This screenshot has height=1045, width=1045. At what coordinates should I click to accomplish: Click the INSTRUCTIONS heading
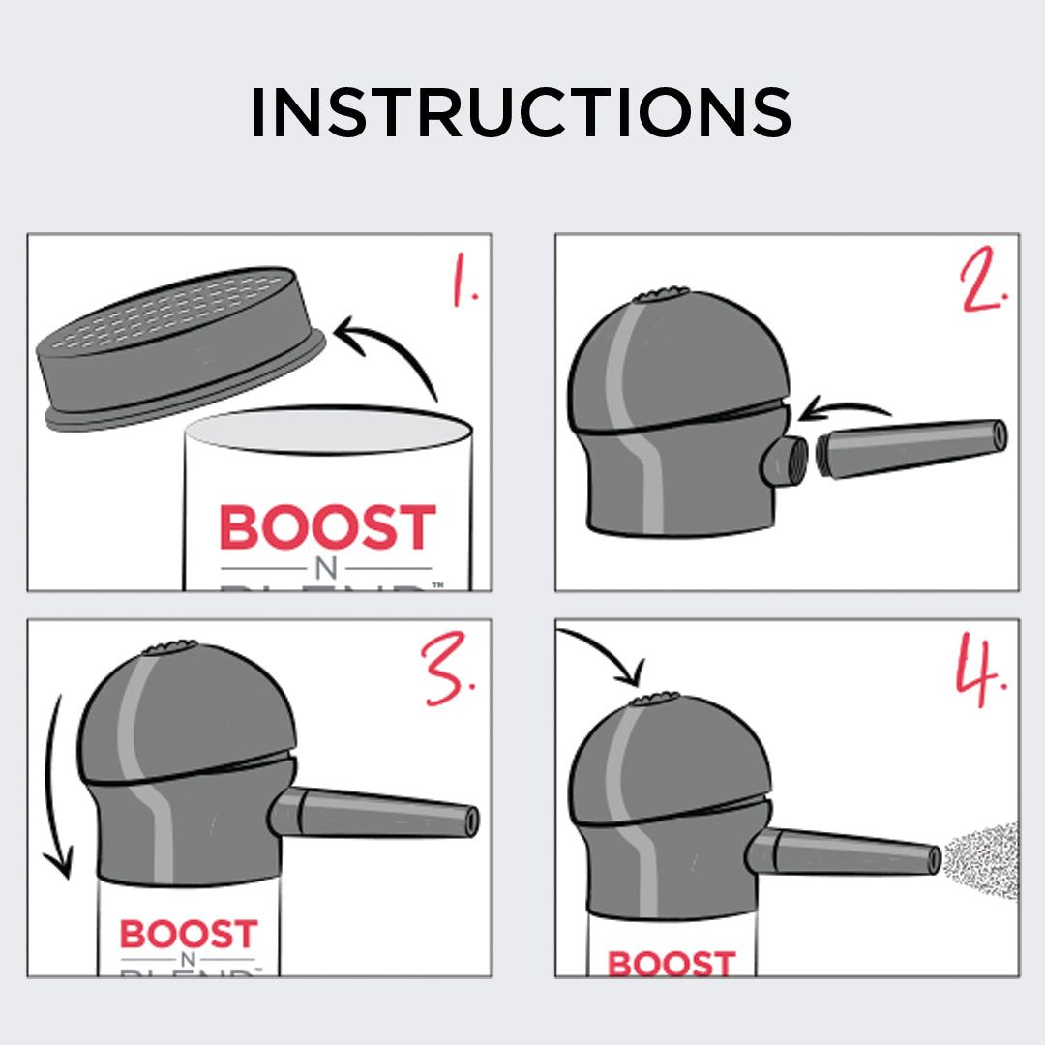(x=522, y=112)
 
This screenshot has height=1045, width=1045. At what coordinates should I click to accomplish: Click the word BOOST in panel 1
(x=327, y=528)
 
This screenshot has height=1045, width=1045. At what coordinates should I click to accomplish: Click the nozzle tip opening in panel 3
(x=472, y=820)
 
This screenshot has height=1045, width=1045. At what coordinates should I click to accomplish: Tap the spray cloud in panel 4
(x=982, y=858)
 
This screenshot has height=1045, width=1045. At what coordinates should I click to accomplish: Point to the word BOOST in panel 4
(x=671, y=964)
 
